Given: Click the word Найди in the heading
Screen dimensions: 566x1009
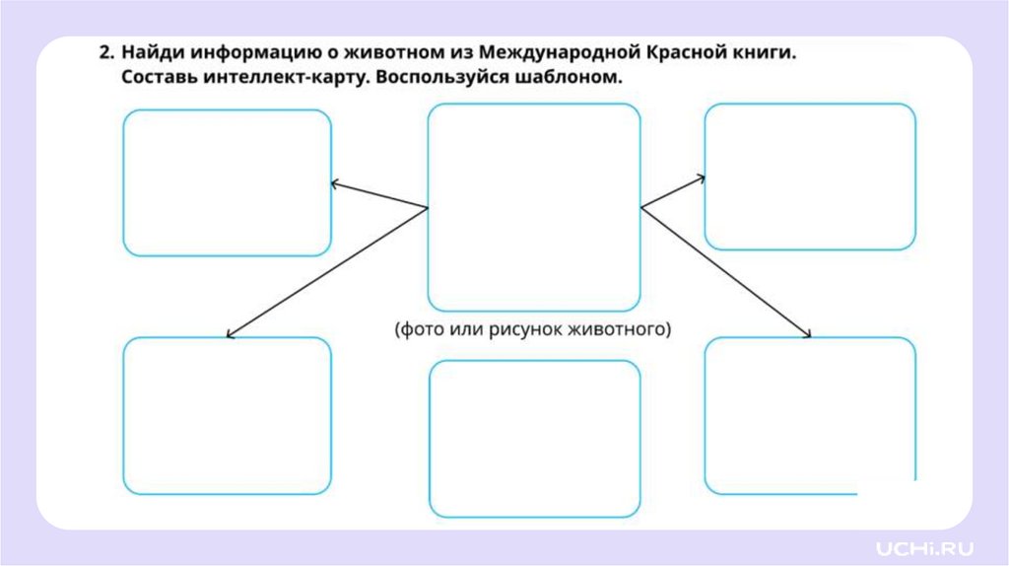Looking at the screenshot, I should [151, 54].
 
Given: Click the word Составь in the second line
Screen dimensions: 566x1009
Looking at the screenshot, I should [164, 79].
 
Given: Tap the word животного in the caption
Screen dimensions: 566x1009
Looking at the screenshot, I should [620, 328].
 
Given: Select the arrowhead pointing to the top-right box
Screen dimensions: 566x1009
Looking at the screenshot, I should [702, 178].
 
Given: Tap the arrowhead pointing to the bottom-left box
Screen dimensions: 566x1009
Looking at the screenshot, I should [230, 335].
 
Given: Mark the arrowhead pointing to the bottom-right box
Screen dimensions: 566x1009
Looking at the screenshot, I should [807, 336].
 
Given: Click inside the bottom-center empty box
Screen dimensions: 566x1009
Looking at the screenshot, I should [535, 438].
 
